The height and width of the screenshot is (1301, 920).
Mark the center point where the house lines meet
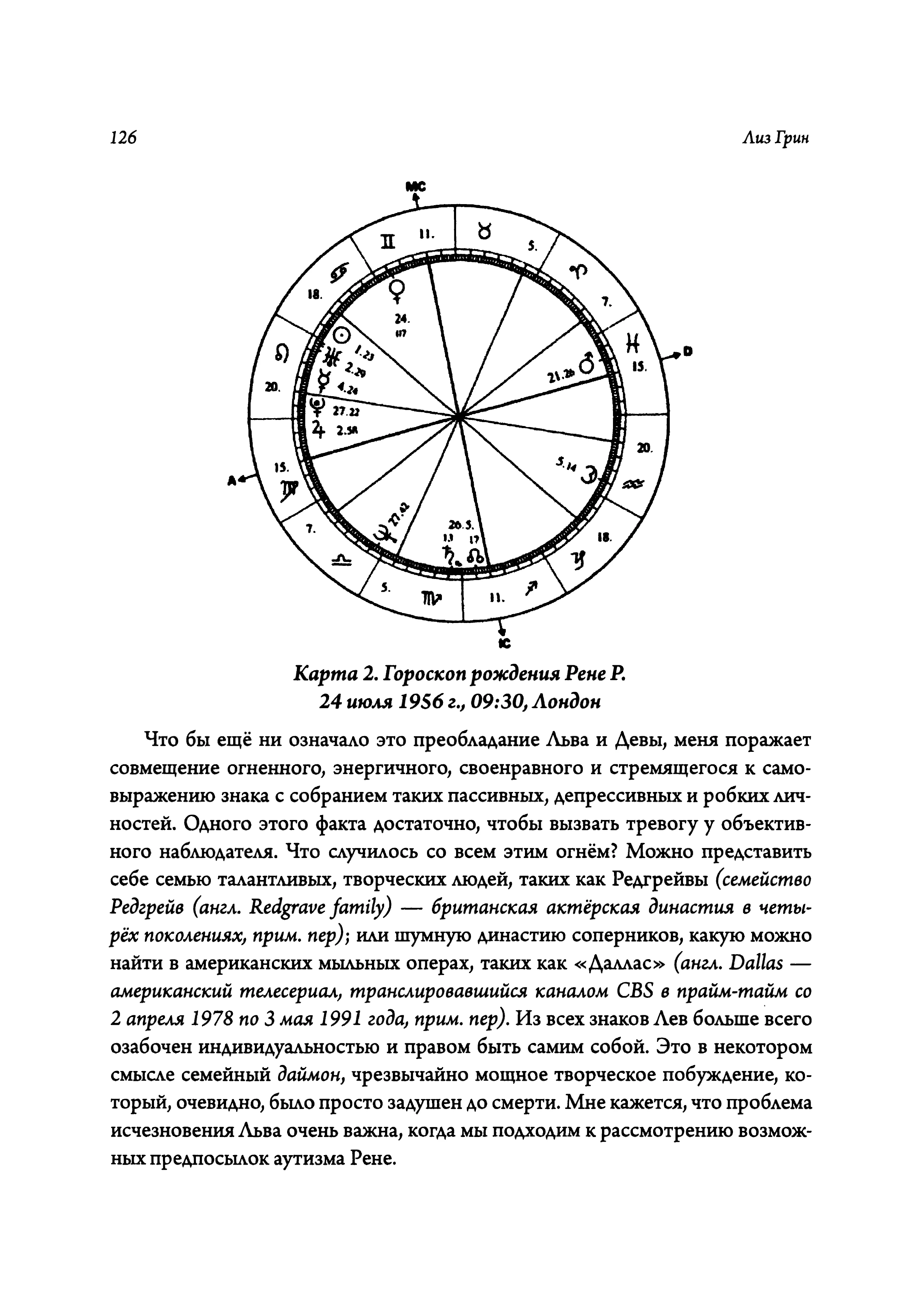click(x=459, y=417)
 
